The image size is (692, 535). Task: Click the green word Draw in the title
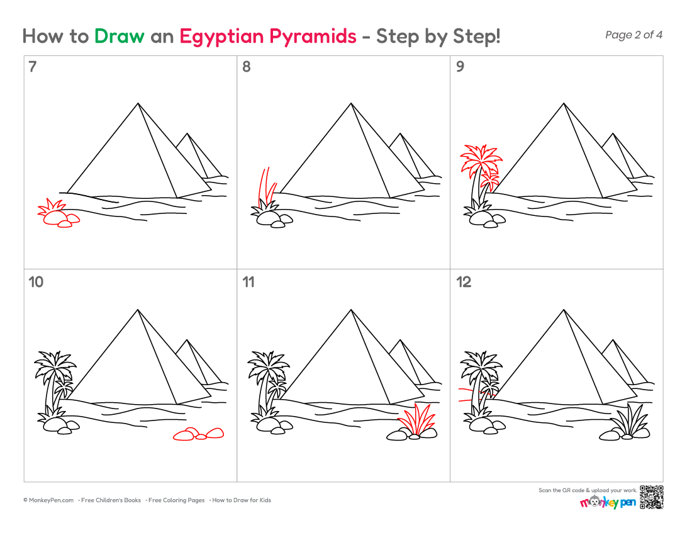click(119, 37)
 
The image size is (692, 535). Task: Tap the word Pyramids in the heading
click(313, 37)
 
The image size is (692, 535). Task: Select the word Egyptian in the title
click(221, 37)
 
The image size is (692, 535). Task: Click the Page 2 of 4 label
click(633, 35)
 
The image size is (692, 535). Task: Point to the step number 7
click(32, 67)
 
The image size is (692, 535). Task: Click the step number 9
click(460, 67)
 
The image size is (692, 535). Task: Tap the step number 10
click(36, 282)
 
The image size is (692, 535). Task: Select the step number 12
click(464, 282)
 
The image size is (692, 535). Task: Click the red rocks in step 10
click(199, 434)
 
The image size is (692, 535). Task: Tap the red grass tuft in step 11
click(417, 419)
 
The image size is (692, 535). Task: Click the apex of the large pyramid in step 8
click(351, 103)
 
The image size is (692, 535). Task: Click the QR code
click(651, 497)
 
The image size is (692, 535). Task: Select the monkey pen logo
click(608, 502)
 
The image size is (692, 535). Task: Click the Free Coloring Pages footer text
click(177, 500)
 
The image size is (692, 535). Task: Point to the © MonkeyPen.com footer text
click(48, 500)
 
